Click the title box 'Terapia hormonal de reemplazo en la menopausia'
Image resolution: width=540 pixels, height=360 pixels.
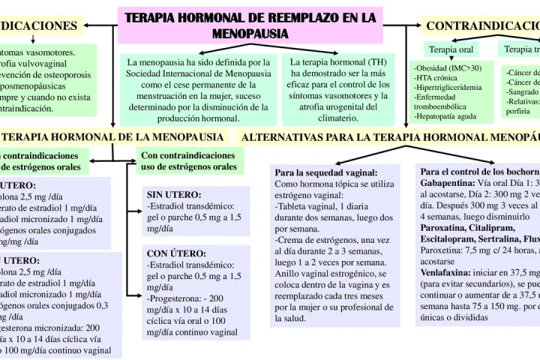click(x=250, y=24)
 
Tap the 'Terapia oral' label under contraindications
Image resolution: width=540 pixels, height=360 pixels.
click(x=450, y=50)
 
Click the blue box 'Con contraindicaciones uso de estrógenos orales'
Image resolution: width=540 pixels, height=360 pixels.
click(x=188, y=160)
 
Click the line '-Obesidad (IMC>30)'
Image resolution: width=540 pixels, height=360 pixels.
click(x=448, y=68)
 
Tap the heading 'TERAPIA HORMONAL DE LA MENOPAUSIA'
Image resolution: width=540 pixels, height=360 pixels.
click(x=112, y=137)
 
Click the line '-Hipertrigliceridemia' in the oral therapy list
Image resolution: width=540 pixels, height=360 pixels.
click(x=450, y=88)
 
